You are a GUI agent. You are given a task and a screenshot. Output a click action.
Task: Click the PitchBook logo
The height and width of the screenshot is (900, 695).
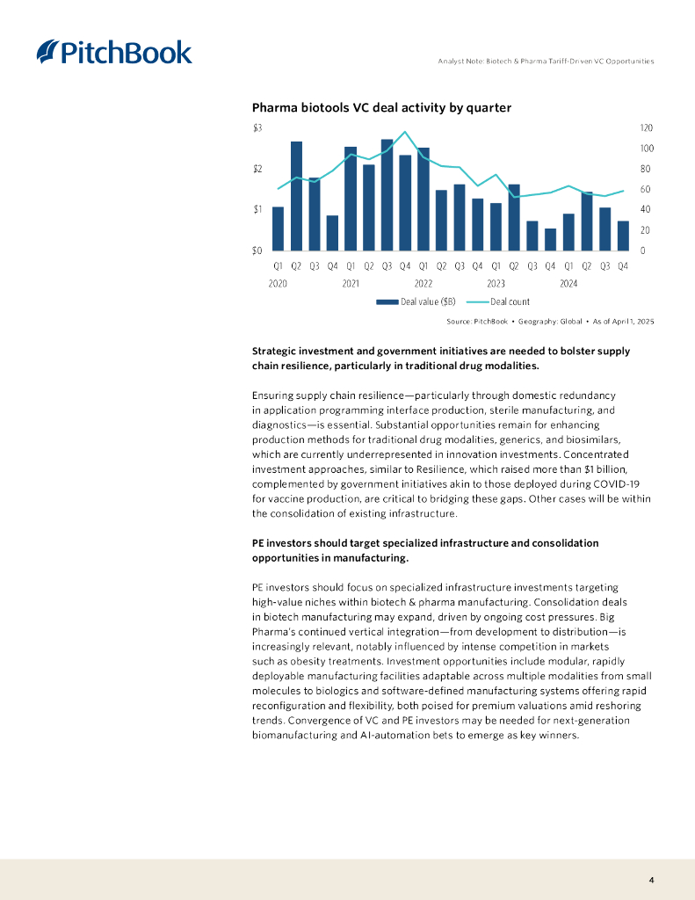pyautogui.click(x=114, y=52)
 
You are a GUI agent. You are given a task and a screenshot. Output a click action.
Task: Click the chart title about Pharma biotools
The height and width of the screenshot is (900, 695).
pyautogui.click(x=381, y=107)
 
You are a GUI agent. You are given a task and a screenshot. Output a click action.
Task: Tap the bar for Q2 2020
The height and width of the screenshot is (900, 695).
pyautogui.click(x=296, y=195)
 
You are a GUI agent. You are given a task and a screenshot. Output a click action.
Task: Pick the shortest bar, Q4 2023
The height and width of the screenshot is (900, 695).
pyautogui.click(x=550, y=239)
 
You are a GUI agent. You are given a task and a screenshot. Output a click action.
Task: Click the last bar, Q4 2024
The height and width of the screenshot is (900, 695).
pyautogui.click(x=623, y=236)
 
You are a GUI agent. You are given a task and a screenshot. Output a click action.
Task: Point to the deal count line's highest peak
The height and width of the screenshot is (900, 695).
pyautogui.click(x=405, y=133)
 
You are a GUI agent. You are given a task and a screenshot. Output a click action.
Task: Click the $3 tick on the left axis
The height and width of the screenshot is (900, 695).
pyautogui.click(x=257, y=128)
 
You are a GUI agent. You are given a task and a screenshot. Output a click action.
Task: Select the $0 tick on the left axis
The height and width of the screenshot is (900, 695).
pyautogui.click(x=257, y=250)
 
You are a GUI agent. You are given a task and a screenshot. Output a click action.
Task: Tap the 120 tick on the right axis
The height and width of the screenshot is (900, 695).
pyautogui.click(x=647, y=128)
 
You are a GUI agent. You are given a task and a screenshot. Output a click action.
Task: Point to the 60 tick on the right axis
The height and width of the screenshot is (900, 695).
pyautogui.click(x=645, y=190)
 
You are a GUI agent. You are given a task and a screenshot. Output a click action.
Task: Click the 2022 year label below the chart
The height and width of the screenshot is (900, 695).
pyautogui.click(x=424, y=284)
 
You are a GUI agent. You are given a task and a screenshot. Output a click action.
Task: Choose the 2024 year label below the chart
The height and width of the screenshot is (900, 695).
pyautogui.click(x=568, y=284)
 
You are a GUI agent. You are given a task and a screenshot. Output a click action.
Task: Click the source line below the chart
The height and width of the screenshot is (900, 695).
pyautogui.click(x=550, y=322)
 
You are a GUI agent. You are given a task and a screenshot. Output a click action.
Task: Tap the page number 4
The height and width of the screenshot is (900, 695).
pyautogui.click(x=651, y=880)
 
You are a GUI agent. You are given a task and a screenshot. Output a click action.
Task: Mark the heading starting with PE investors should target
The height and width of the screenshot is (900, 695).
pyautogui.click(x=425, y=550)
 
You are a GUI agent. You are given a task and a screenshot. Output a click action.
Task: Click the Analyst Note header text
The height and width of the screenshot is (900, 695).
pyautogui.click(x=546, y=61)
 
